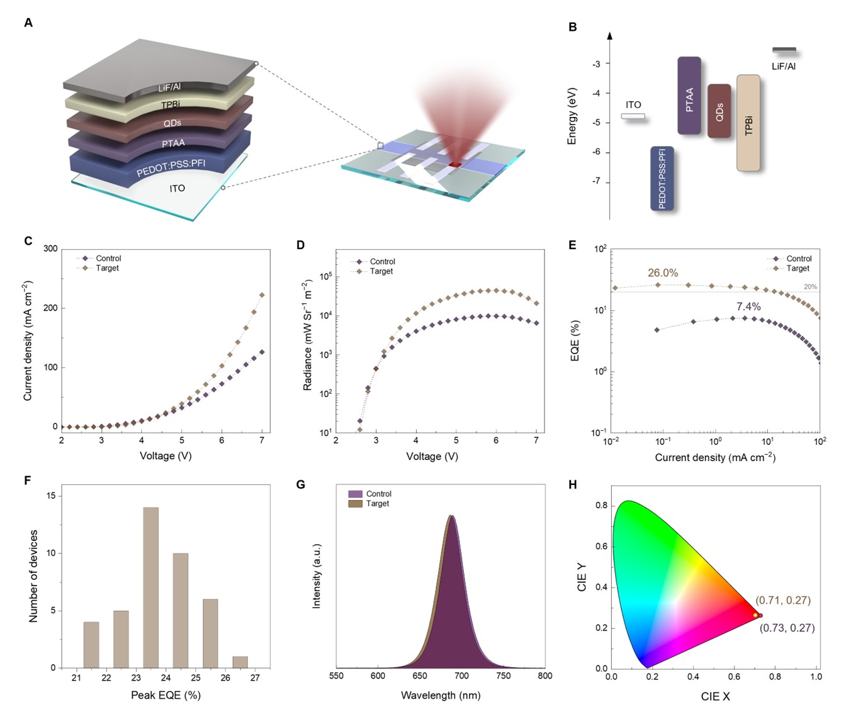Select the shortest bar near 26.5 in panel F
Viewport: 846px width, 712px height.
point(240,662)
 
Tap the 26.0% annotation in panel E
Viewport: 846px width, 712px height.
point(663,273)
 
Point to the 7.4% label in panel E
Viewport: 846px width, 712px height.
point(748,306)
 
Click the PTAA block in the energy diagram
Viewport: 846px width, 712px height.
point(689,96)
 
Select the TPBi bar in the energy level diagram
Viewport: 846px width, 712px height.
point(748,123)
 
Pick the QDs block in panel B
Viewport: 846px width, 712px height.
point(719,111)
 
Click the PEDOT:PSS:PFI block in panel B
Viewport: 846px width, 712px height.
point(662,179)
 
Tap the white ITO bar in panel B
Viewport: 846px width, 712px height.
point(633,116)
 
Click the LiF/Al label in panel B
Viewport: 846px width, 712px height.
point(784,66)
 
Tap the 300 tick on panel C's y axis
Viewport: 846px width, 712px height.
point(50,249)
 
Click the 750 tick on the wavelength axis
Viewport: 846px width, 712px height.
point(503,676)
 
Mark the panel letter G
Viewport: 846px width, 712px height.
point(300,484)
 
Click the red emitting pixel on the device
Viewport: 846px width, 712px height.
point(454,164)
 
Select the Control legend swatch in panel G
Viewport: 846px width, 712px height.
point(355,494)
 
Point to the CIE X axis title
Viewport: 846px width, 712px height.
point(716,696)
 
